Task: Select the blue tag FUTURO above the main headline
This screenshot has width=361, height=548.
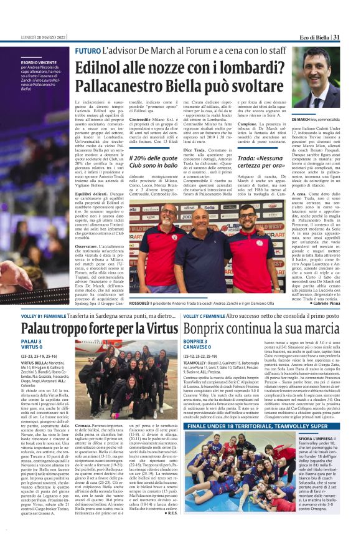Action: point(87,50)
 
